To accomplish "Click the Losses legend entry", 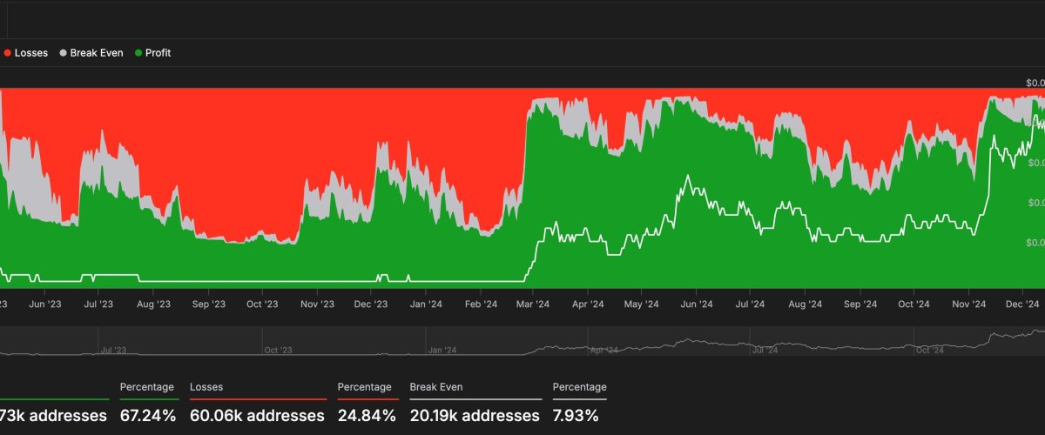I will tap(26, 53).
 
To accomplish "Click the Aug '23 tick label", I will tap(153, 304).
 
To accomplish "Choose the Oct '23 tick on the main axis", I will tap(262, 304).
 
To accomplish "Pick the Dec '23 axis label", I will tap(371, 304).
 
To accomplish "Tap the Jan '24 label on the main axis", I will tap(426, 304).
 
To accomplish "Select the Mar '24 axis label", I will tap(533, 304).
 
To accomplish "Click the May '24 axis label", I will tap(642, 304).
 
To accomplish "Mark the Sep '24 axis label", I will tap(860, 304).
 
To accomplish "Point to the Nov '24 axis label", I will tap(968, 304).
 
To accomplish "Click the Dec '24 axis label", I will tap(1022, 304).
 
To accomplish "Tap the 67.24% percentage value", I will tap(148, 416).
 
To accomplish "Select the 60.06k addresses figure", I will tap(258, 416).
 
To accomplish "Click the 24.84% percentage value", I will tap(367, 416).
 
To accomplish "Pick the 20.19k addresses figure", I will tap(475, 416).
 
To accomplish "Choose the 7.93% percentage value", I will tap(576, 416).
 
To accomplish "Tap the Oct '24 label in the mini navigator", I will tap(930, 351).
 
